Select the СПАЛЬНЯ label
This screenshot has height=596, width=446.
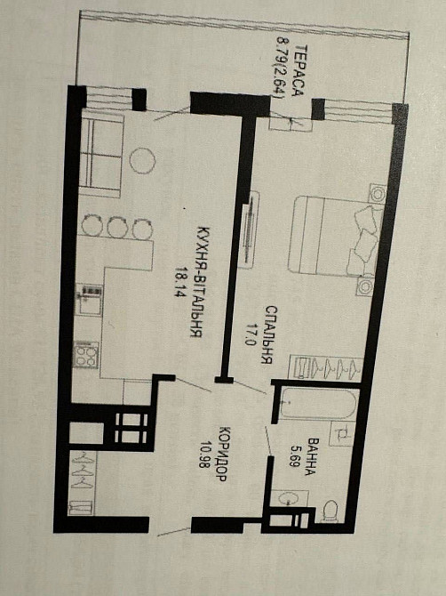(x=268, y=334)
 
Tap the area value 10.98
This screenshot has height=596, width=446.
(x=207, y=455)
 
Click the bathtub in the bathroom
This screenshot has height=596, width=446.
(x=318, y=403)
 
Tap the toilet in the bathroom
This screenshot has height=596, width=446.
(x=331, y=511)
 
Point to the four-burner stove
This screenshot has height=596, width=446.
(x=86, y=355)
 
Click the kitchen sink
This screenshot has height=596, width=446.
(x=89, y=301)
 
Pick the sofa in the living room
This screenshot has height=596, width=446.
(x=100, y=154)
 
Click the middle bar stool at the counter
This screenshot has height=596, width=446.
(x=117, y=228)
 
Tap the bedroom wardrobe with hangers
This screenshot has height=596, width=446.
(x=326, y=367)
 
